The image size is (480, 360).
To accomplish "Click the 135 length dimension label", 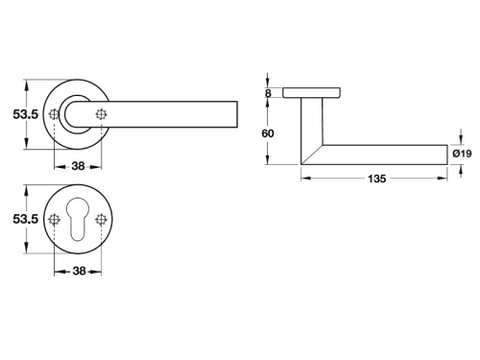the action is pyautogui.click(x=377, y=179).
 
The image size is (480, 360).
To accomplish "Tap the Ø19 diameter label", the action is pyautogui.click(x=462, y=154).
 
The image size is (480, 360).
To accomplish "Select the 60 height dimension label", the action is pyautogui.click(x=268, y=133).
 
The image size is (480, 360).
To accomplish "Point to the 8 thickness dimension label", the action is pyautogui.click(x=268, y=93).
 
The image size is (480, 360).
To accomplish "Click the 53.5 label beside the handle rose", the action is pyautogui.click(x=26, y=114).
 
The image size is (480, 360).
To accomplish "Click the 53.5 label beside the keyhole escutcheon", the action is pyautogui.click(x=26, y=219).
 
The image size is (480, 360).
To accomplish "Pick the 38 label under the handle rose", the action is pyautogui.click(x=78, y=166).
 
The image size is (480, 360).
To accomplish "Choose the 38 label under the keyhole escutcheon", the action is pyautogui.click(x=79, y=271).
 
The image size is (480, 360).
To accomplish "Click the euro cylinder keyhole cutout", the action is pyautogui.click(x=78, y=219).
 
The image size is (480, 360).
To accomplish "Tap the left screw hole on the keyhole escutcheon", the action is pyautogui.click(x=54, y=219).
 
